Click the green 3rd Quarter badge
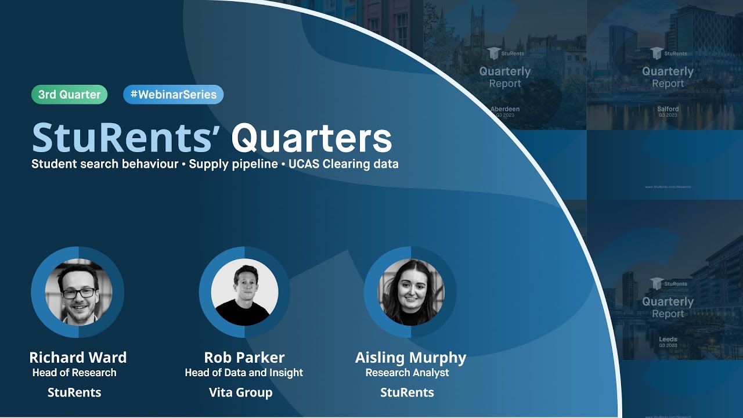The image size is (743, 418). coord(69,95)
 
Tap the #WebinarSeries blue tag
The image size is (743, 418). coord(173,95)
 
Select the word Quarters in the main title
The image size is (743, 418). coord(312,138)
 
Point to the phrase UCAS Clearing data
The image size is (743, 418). coord(343,164)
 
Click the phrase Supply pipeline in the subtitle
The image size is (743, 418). coord(233,164)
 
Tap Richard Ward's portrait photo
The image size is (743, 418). coord(78,291)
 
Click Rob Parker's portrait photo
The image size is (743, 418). coord(244,292)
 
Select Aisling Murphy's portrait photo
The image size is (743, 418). coord(411,291)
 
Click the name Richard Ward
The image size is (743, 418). coord(78,357)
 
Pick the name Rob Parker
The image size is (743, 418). coord(244,357)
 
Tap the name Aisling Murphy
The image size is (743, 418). coord(410,357)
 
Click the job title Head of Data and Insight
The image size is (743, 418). coord(244,373)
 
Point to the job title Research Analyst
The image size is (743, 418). coord(407,373)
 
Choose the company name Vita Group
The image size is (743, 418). coord(240,392)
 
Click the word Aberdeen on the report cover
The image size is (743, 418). coord(505,109)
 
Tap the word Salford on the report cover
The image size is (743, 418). coord(668,109)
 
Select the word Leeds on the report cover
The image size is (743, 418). coord(668,339)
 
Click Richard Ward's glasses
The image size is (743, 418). coord(78,293)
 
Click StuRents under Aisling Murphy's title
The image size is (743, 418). coord(407,392)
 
